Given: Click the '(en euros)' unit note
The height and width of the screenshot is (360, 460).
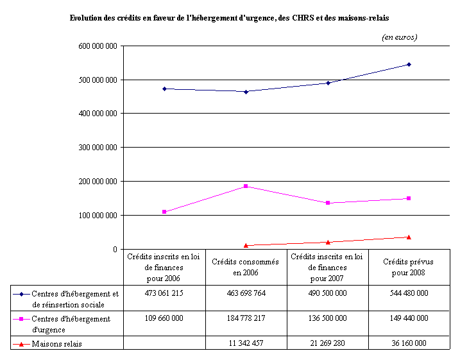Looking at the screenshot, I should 399,37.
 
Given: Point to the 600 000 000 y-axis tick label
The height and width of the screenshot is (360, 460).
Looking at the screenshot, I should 96,46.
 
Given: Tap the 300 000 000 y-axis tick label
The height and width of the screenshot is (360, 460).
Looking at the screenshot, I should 96,148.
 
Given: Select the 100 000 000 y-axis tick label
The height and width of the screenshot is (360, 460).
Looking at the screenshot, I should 96,216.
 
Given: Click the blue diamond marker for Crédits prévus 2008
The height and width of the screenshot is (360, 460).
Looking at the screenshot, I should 409,64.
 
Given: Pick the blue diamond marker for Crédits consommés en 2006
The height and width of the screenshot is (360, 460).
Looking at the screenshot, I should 246,92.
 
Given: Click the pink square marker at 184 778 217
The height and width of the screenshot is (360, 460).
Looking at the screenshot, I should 246,186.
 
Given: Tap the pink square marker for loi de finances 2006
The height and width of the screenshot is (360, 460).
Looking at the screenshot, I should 164,212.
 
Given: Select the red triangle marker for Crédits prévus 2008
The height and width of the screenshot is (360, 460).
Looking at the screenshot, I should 409,237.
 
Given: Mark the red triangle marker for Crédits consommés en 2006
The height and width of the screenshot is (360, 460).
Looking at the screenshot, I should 246,245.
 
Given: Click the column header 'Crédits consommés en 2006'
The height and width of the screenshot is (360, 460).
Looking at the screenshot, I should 245,267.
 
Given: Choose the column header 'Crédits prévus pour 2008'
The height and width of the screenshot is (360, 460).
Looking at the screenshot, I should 408,267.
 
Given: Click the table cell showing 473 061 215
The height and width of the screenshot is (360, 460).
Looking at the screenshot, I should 164,293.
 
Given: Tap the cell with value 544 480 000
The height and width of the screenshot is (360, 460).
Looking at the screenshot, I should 408,293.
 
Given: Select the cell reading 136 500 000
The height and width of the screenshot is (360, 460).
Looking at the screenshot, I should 327,318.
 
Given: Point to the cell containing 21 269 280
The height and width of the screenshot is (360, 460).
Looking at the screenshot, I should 327,343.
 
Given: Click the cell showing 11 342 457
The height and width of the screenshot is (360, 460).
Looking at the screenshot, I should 245,343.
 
